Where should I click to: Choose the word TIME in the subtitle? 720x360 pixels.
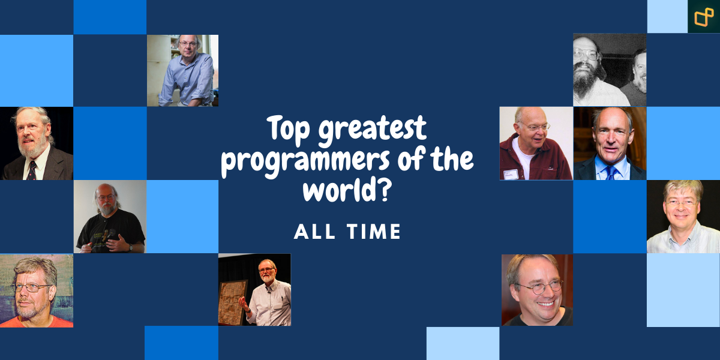[x=374, y=232]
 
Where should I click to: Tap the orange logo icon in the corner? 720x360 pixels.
[x=703, y=16]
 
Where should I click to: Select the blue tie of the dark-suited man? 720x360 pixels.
[x=610, y=173]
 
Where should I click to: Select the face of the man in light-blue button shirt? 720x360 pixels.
[x=188, y=46]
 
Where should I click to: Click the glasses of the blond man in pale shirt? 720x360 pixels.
[x=682, y=203]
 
